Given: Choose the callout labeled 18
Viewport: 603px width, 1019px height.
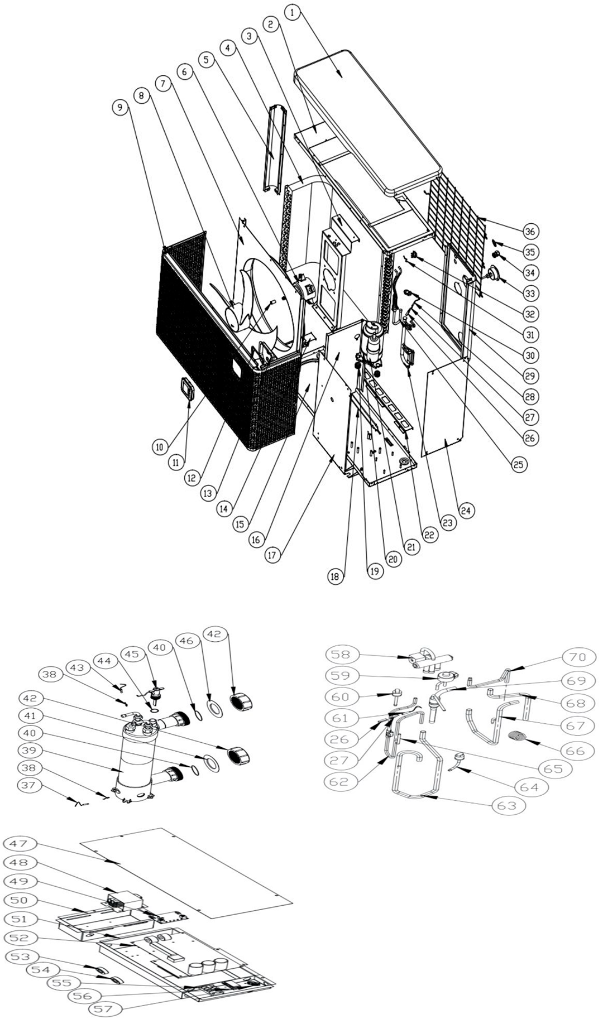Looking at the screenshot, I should click(x=334, y=577).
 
